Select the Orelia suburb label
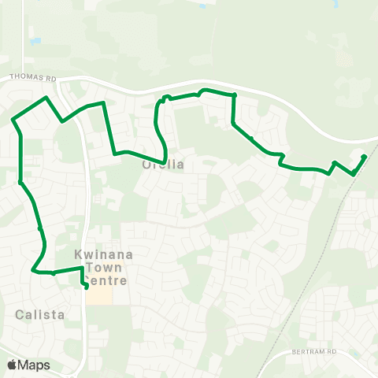tap(163, 165)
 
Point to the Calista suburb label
tap(37, 314)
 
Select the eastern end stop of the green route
tap(364, 157)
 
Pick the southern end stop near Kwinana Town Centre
tap(87, 287)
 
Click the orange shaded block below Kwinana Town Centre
tap(98, 296)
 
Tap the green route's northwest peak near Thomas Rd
tap(47, 98)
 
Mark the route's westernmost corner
tap(13, 120)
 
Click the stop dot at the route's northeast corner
tap(234, 95)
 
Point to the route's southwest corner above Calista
tap(33, 270)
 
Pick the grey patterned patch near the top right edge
tap(344, 58)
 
